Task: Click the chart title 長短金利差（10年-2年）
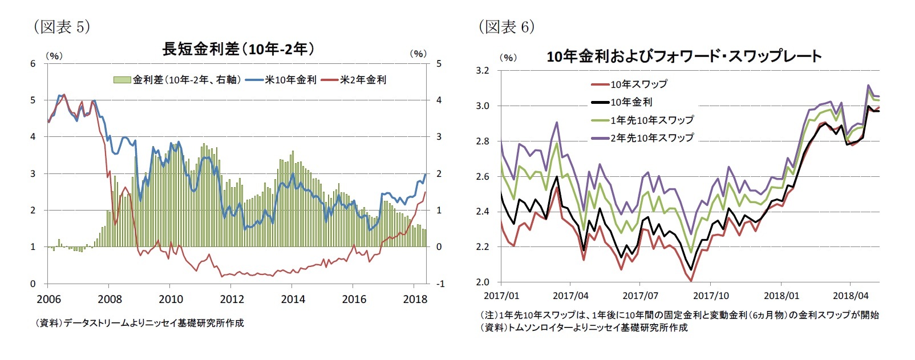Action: (x=238, y=50)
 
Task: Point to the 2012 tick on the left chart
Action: (x=232, y=300)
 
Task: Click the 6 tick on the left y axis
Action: (x=33, y=64)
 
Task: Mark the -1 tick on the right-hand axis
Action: (x=439, y=284)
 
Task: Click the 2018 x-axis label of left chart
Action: (x=415, y=300)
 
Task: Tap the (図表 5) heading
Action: (x=62, y=27)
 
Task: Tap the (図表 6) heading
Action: (x=506, y=27)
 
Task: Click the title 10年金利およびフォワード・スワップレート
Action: (x=683, y=56)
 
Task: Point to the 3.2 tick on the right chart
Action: (x=483, y=71)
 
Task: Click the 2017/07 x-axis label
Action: (x=640, y=296)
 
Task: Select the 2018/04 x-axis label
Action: (x=850, y=296)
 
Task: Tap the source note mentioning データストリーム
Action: (x=140, y=323)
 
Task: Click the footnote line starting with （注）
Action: (x=679, y=315)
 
